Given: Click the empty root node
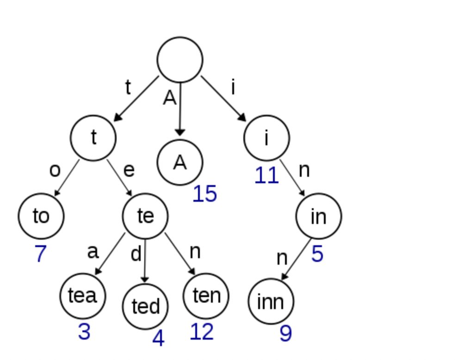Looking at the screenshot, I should pos(180,60).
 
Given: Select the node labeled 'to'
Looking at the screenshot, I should pos(41,216).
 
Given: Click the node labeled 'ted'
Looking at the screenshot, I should pos(145,306).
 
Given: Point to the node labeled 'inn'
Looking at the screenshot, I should pos(271,301).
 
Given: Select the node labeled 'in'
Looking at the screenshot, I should pos(319,216).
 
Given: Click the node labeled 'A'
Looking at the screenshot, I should pos(180,162).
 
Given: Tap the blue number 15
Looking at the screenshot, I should pos(204,194).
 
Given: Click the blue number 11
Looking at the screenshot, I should pos(266,176).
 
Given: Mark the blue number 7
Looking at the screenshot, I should pos(41,254).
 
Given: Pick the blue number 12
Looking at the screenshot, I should pos(202,332).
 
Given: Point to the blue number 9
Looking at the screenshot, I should pos(285,334).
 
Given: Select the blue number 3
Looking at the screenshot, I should pos(84,332).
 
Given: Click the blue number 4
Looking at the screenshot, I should pos(158,339).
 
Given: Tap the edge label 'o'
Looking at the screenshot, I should pos(55,170).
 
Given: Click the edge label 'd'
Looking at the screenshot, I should pos(136,254).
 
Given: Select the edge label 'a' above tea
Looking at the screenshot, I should pos(93,252).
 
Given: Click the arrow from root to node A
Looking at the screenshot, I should pos(180,111).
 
